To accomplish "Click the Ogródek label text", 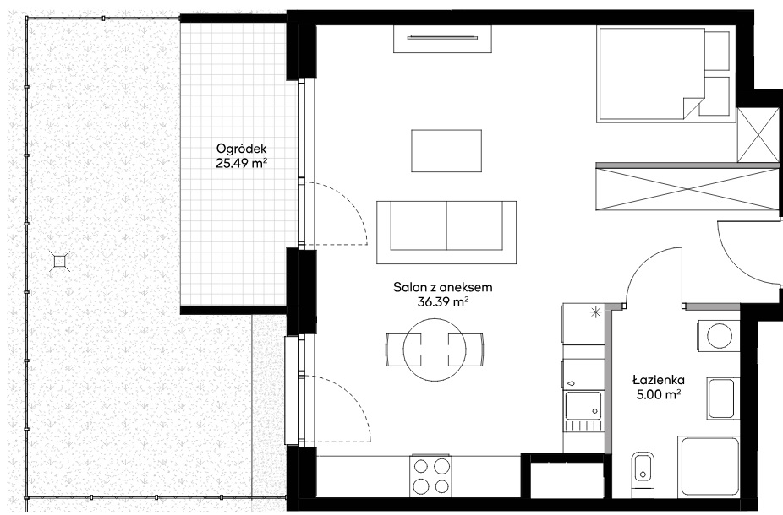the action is click(242, 149).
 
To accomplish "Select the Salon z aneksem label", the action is click(443, 287).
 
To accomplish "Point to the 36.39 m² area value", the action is click(443, 301).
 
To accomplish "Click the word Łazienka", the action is click(659, 380).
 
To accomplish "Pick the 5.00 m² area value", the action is click(659, 395).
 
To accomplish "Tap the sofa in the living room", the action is click(446, 232).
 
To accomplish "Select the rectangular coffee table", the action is click(446, 150).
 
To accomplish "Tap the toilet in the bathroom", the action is click(642, 473).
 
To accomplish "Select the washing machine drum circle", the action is click(719, 335).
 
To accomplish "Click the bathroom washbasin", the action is click(720, 398).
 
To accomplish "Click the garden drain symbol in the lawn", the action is click(60, 261).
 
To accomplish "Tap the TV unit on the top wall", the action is click(443, 39).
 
